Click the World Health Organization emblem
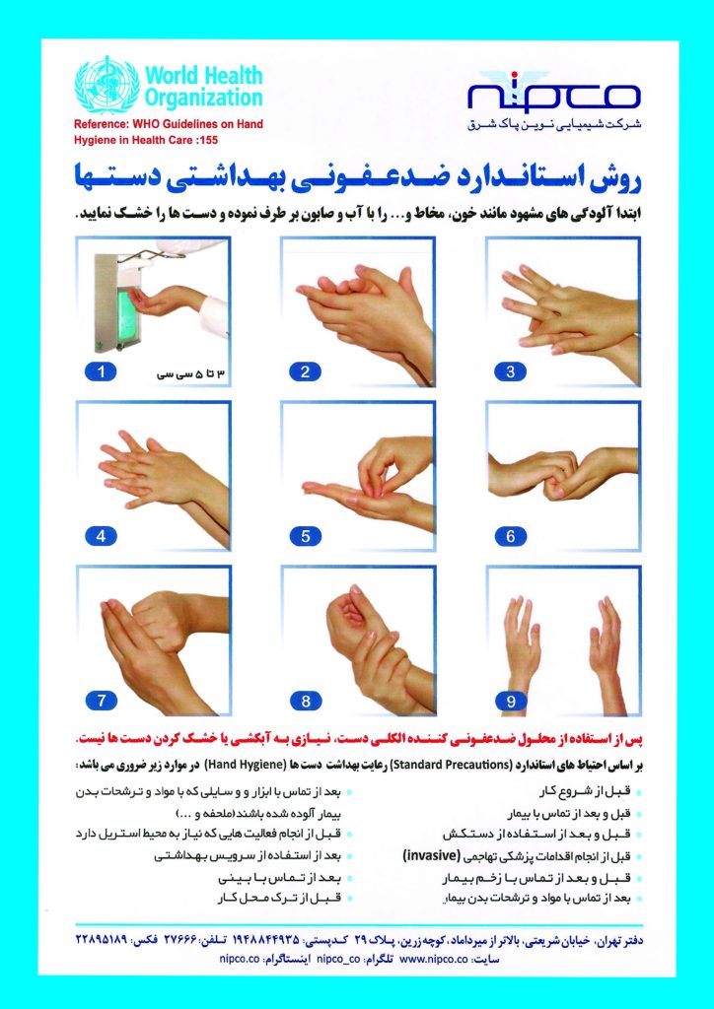[x=107, y=85]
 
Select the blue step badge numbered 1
[x=101, y=371]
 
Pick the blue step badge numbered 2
[x=306, y=371]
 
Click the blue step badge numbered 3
[x=511, y=371]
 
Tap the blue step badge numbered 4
[x=101, y=535]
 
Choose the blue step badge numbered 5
[x=306, y=535]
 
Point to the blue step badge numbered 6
[x=511, y=535]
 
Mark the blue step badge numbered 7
[x=101, y=701]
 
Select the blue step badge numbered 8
[x=306, y=701]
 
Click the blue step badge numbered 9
[x=511, y=701]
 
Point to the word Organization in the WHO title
[x=203, y=98]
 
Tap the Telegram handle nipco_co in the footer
[x=338, y=958]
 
